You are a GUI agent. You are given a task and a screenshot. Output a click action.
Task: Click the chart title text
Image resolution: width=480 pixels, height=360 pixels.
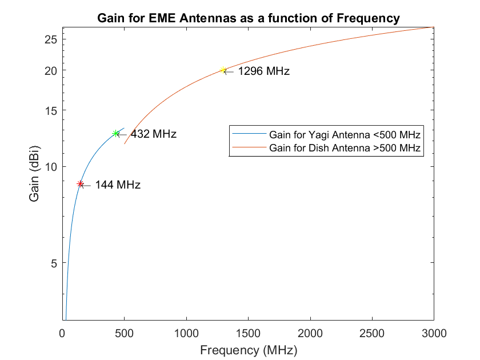[x=248, y=18]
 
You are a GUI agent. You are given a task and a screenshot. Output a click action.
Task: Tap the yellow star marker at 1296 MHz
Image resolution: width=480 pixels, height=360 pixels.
[x=223, y=70]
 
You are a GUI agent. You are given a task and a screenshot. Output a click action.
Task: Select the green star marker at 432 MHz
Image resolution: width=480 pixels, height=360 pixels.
[x=116, y=133]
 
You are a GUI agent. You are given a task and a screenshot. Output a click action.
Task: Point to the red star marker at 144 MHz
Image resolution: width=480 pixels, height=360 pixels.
[x=81, y=184]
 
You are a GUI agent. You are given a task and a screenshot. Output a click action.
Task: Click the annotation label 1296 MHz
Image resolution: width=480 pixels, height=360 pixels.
[x=263, y=71]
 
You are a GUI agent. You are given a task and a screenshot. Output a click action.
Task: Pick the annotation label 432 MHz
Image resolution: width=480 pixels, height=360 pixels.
[x=154, y=134]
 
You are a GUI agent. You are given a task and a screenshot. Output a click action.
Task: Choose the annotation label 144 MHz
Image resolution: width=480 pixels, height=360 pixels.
[x=118, y=185]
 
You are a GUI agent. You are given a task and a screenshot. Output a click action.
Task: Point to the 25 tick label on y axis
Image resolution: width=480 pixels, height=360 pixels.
[x=50, y=39]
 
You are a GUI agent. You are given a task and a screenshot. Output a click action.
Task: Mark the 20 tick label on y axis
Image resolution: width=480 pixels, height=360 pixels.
[x=50, y=70]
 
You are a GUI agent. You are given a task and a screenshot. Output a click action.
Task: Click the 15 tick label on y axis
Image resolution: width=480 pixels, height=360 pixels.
[x=50, y=110]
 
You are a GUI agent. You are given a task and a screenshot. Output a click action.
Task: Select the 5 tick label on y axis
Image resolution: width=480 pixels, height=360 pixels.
[x=53, y=263]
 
